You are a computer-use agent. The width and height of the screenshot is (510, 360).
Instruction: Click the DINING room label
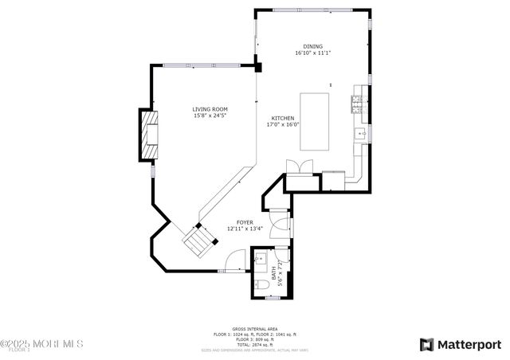312,46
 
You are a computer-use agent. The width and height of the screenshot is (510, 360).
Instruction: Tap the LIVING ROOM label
210,109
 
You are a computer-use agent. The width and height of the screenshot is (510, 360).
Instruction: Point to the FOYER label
245,222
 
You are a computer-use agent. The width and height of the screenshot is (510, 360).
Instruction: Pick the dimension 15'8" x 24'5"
210,116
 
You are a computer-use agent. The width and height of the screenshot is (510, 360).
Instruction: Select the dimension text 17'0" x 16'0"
282,124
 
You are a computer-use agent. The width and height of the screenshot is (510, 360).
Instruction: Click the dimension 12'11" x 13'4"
245,229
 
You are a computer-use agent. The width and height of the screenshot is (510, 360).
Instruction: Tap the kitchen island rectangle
315,121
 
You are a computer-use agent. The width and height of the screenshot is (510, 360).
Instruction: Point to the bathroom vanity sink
261,259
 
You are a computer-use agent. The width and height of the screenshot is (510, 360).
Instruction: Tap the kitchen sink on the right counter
360,133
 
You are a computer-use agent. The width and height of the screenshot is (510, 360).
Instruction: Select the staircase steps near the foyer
199,239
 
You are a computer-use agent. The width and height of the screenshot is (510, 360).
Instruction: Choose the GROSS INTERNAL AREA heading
254,328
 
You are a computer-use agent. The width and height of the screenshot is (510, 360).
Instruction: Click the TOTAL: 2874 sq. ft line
254,343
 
